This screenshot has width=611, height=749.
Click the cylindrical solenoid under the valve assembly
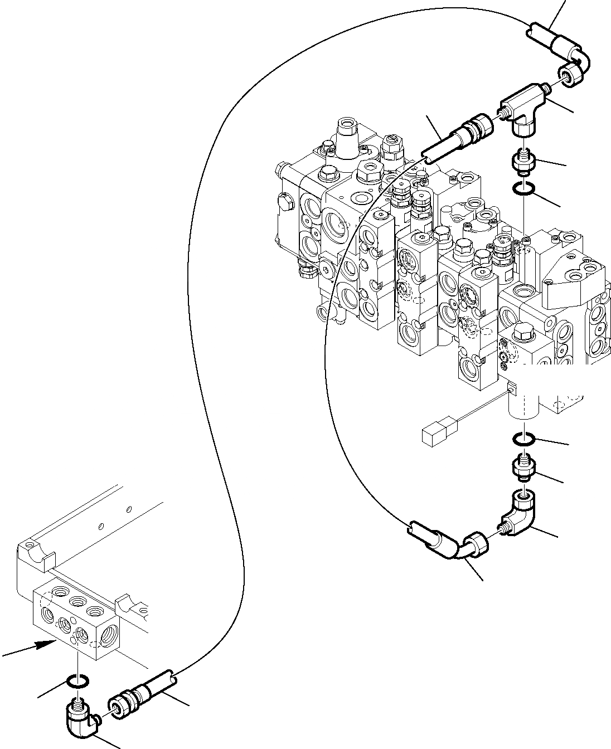click(x=525, y=402)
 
